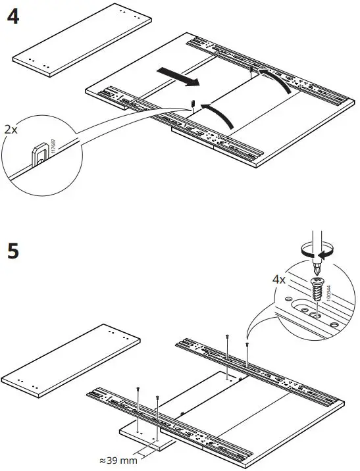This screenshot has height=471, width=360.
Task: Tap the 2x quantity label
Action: click(x=12, y=130)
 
